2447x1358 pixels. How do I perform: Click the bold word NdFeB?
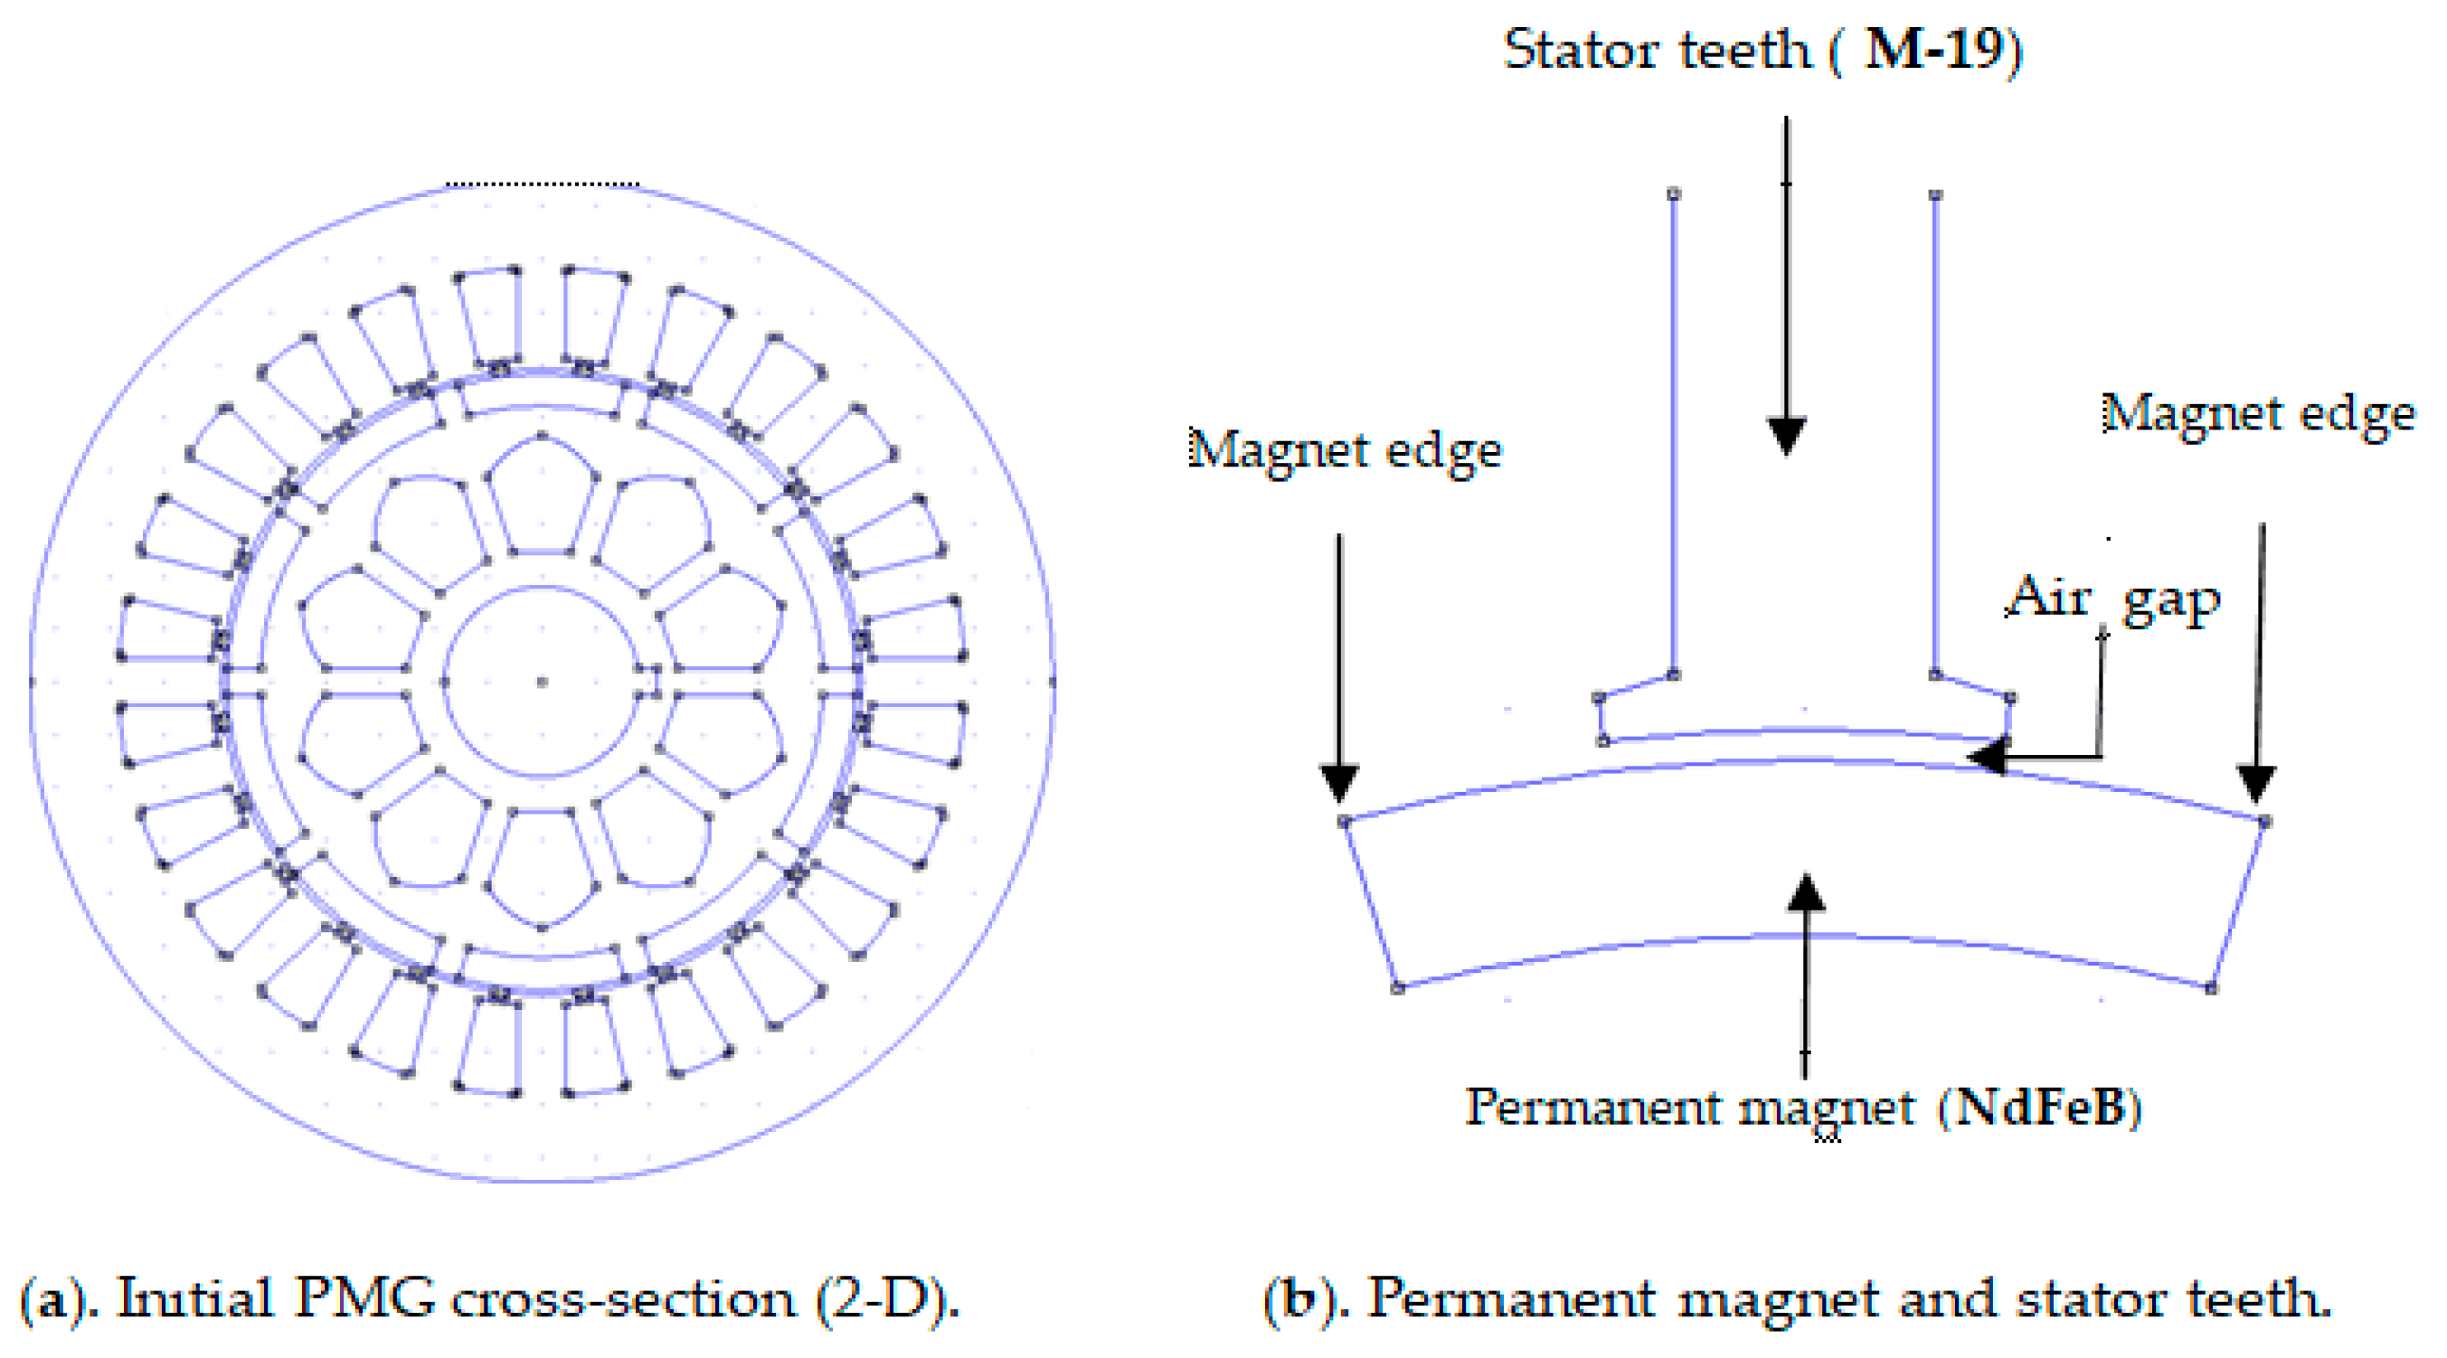(2038, 1107)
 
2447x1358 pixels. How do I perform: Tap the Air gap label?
(2112, 599)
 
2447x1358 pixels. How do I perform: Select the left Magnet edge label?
(1345, 449)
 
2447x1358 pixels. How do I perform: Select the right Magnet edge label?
(2258, 414)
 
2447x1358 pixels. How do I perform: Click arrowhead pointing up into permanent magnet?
(1805, 892)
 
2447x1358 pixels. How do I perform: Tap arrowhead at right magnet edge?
(2257, 784)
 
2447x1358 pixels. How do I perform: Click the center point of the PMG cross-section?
(543, 681)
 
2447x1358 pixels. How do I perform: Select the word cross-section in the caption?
(622, 1298)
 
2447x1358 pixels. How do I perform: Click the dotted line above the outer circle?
(543, 184)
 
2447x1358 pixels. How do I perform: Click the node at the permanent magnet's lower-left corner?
(1397, 988)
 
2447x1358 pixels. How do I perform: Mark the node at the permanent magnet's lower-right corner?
(2211, 988)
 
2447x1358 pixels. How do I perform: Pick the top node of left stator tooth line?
(1674, 193)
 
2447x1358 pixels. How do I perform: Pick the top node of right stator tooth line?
(1935, 194)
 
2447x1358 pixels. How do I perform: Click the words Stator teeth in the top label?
(1657, 50)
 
